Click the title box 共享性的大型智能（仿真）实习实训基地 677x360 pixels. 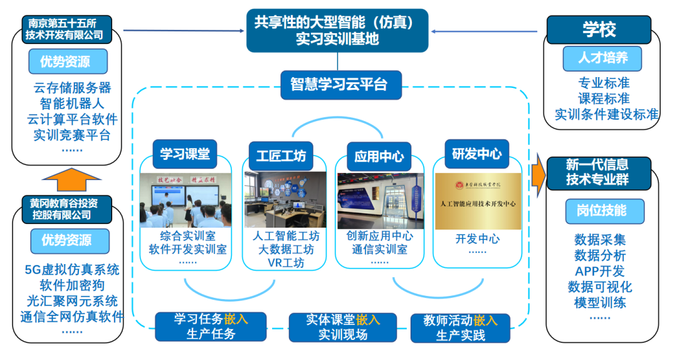click(337, 31)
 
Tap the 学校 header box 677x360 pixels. click(599, 29)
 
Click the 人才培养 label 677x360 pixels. click(602, 58)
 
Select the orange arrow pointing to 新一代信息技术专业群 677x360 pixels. click(537, 172)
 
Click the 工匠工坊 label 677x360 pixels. click(281, 156)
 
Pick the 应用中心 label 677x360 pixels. click(379, 156)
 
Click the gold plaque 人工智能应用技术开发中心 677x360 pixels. click(478, 201)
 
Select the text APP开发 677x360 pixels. click(600, 272)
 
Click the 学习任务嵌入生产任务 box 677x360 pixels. click(211, 326)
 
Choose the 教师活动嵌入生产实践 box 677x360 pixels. click(460, 327)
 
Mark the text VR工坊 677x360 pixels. click(285, 263)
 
